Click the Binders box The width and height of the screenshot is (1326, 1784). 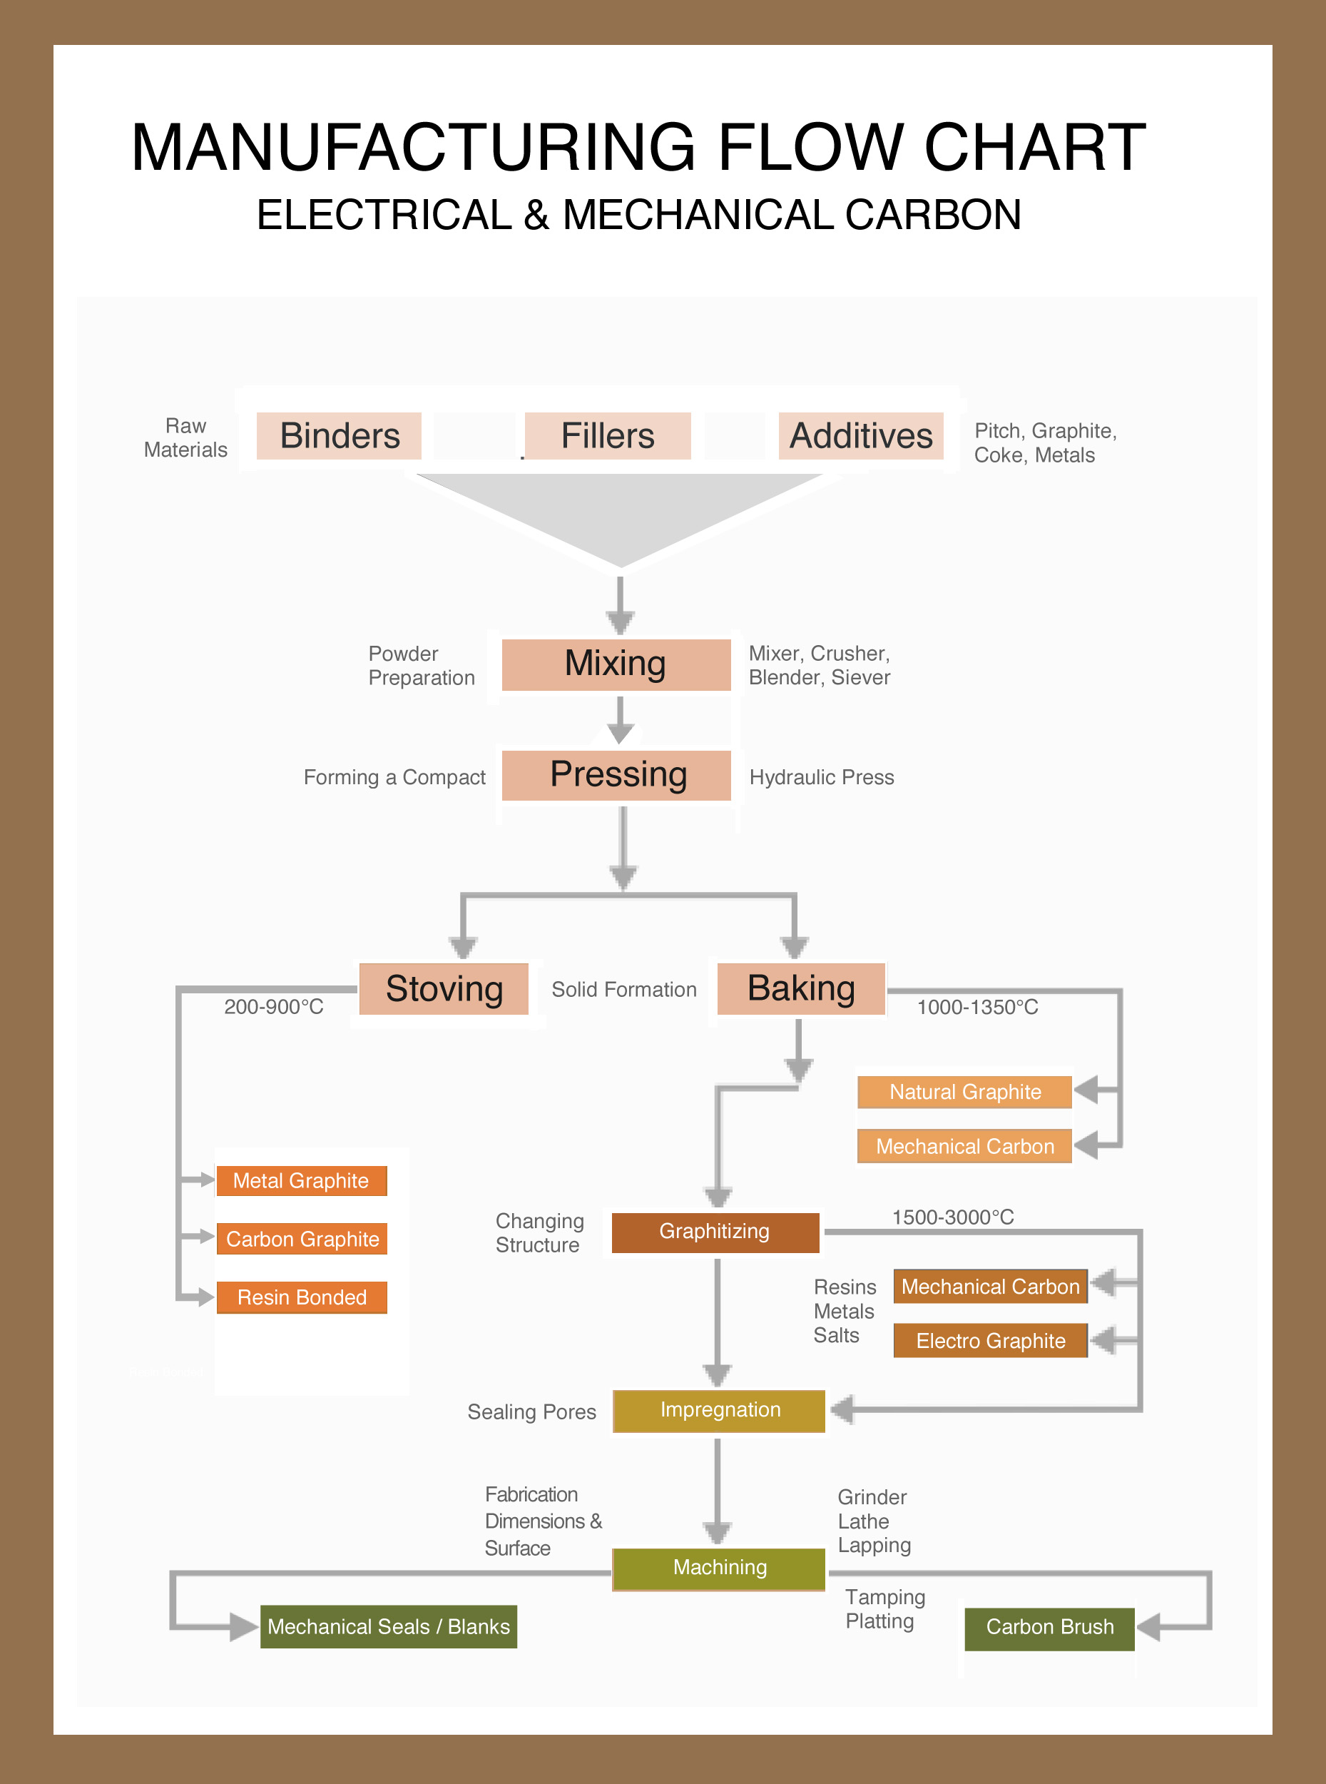point(339,436)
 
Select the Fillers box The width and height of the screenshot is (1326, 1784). point(608,436)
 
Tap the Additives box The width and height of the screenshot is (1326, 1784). point(860,436)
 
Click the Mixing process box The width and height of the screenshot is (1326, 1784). point(616,665)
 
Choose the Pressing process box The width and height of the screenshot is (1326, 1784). point(616,776)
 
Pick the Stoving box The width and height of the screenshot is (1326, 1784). point(444,989)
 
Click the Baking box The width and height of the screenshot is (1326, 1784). point(801,989)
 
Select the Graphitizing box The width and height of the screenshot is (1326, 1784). point(715,1232)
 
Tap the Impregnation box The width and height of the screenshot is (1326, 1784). point(719,1412)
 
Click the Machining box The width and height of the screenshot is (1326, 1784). point(719,1568)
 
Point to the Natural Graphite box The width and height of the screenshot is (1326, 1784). point(965,1092)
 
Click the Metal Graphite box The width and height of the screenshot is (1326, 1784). point(302,1181)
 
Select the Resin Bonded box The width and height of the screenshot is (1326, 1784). point(302,1297)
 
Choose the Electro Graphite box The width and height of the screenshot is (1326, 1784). point(991,1341)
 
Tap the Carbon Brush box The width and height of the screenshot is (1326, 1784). point(1050,1628)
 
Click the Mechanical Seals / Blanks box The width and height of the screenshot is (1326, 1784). point(389,1626)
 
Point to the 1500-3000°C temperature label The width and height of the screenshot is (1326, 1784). point(953,1217)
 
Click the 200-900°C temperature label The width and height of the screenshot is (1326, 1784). point(274,1007)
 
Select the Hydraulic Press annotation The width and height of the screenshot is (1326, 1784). point(822,777)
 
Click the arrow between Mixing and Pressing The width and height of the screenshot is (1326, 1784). point(620,719)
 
